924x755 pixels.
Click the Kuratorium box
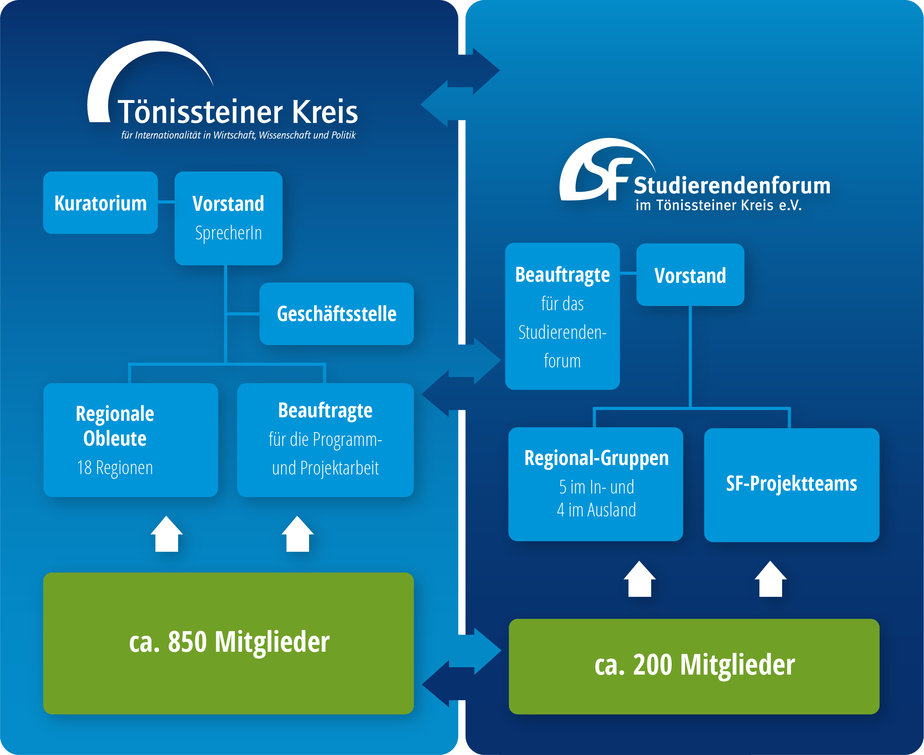tap(101, 203)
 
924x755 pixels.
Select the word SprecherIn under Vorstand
tap(228, 233)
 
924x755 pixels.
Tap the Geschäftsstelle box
tap(336, 314)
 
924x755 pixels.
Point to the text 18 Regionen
tap(115, 468)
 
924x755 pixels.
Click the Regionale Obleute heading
tap(115, 426)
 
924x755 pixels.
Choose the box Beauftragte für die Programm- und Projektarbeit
tap(326, 440)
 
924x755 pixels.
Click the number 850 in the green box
tap(187, 642)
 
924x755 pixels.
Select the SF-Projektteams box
tap(791, 484)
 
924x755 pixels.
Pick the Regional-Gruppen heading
tap(597, 458)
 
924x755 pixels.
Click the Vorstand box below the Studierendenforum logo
tap(690, 275)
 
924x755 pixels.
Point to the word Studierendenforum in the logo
tap(732, 186)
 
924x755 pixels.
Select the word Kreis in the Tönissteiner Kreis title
tap(324, 112)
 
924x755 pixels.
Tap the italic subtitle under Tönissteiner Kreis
tap(238, 135)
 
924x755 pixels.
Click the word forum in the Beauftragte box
tap(562, 361)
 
